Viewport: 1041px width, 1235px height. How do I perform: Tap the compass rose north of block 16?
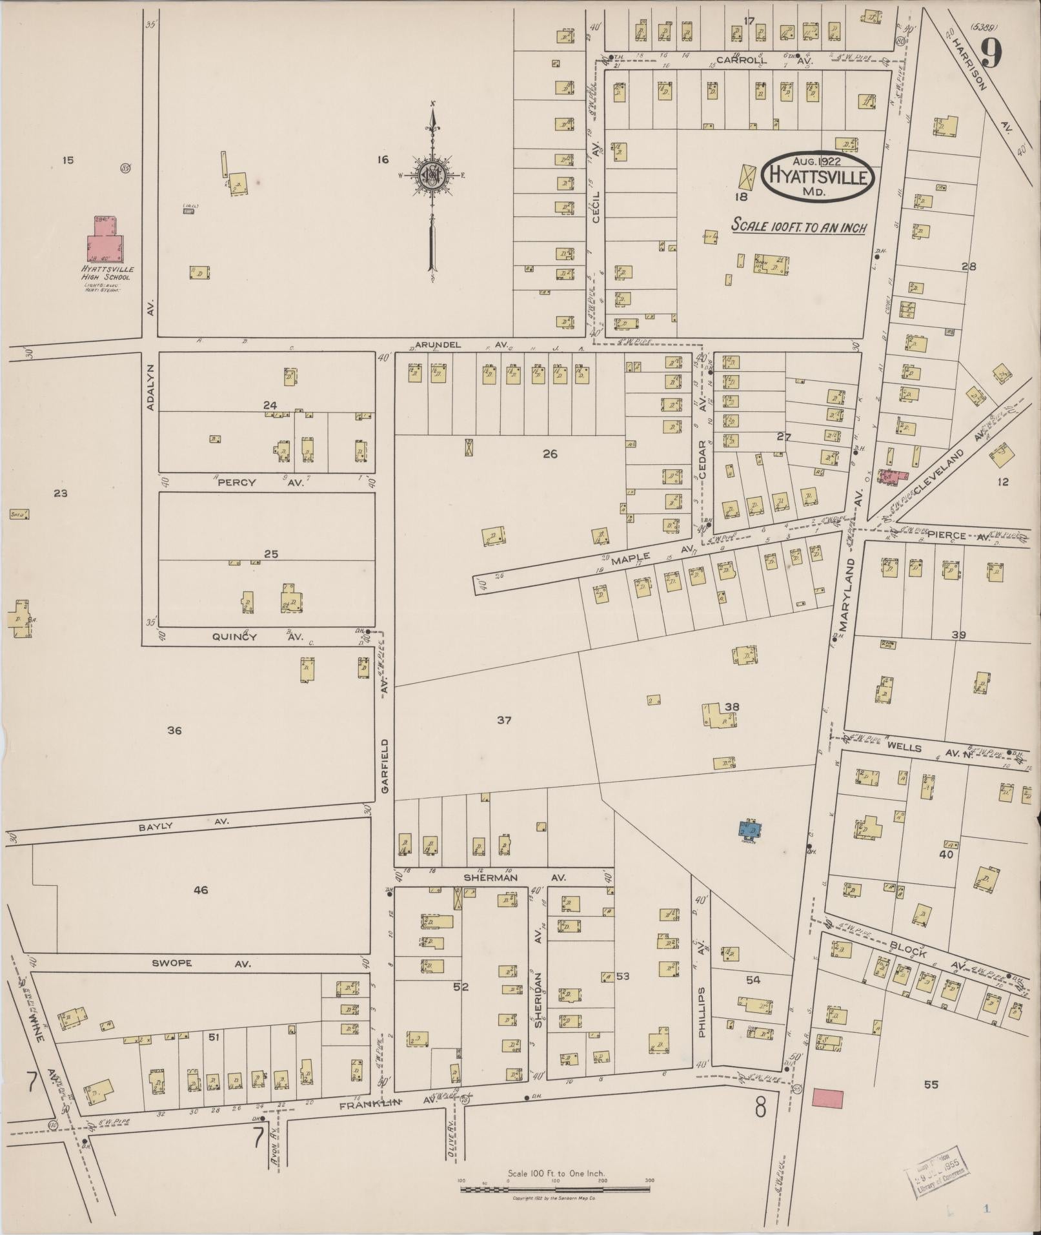431,176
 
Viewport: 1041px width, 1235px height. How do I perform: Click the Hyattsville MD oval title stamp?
818,177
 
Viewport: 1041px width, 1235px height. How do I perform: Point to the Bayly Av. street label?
186,823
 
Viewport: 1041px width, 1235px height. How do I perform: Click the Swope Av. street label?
194,964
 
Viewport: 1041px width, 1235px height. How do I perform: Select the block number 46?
201,890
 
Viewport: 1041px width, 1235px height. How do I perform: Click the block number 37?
504,720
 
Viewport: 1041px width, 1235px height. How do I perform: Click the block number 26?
549,454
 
